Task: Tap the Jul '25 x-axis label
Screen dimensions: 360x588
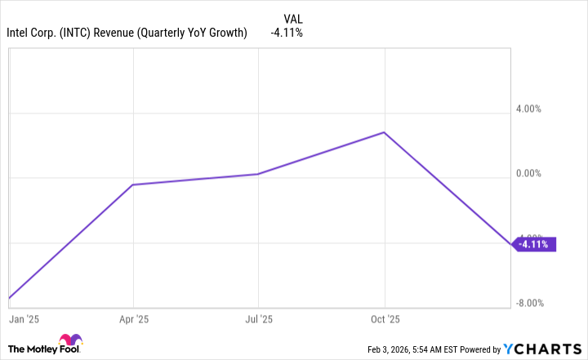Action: [259, 319]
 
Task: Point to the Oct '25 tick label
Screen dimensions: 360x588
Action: [385, 319]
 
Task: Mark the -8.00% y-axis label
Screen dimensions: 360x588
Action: [533, 304]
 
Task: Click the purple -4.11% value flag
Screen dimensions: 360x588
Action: [535, 244]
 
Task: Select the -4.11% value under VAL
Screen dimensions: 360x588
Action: [287, 33]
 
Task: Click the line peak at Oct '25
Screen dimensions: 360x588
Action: [384, 132]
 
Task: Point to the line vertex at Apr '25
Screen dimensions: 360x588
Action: [133, 184]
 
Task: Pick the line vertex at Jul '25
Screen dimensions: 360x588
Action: [258, 174]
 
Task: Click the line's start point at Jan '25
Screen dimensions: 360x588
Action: [9, 298]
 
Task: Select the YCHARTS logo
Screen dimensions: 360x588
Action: [542, 348]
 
